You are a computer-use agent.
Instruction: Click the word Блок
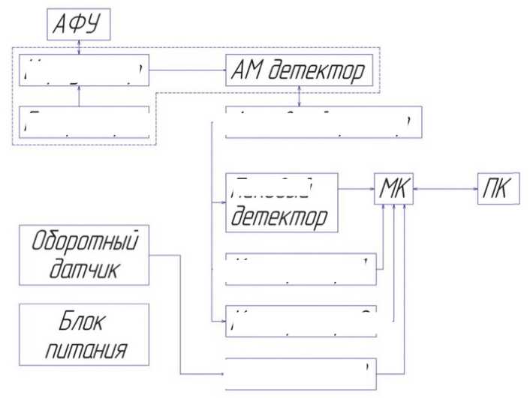(83, 323)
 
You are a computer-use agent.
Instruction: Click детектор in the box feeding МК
(279, 218)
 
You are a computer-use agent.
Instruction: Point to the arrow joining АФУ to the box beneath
(80, 46)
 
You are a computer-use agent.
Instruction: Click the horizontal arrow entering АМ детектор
(188, 71)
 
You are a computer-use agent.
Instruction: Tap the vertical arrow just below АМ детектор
(300, 97)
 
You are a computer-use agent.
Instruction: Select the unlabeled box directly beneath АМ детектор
(323, 123)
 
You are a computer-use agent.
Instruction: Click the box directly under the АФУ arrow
(83, 71)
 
